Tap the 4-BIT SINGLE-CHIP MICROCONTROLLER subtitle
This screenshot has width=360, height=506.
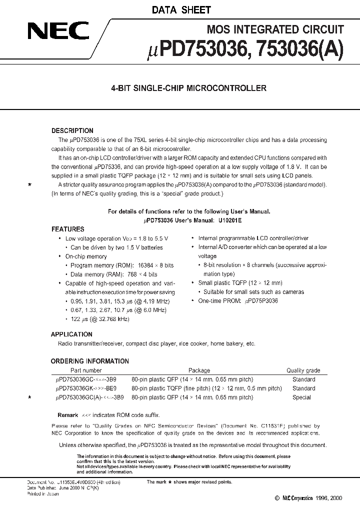[x=188, y=88]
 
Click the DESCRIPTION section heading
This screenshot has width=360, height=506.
[x=72, y=131]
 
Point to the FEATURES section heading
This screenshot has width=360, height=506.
[x=68, y=229]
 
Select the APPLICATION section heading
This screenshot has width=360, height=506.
[x=71, y=334]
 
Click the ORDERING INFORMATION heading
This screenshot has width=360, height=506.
[x=90, y=361]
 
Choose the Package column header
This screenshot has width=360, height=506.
[x=199, y=370]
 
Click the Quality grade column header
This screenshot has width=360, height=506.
[x=303, y=370]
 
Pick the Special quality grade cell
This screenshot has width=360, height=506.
[x=301, y=397]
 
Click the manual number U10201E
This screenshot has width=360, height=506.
[x=232, y=220]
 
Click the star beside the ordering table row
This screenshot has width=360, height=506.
[x=30, y=397]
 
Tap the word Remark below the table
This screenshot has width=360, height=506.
[x=67, y=415]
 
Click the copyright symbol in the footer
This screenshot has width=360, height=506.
[x=277, y=498]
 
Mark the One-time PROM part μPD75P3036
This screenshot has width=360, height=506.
[x=260, y=301]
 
